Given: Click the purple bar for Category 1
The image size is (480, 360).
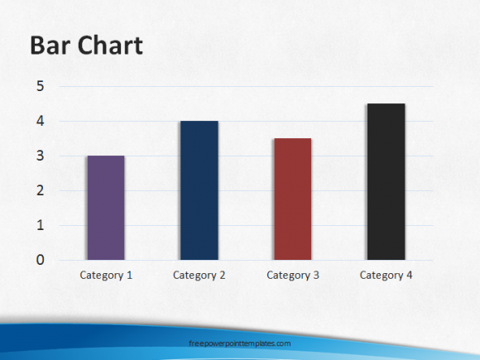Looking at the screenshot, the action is [106, 208].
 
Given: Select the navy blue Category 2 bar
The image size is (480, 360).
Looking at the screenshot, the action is [199, 190].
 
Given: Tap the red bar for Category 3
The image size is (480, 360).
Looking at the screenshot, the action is [293, 199].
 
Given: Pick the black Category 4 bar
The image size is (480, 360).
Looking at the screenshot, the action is [386, 182].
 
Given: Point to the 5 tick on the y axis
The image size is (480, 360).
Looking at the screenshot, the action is [40, 86].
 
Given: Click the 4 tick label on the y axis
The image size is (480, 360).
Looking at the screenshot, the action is [40, 121].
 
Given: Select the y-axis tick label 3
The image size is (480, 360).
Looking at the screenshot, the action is [40, 156].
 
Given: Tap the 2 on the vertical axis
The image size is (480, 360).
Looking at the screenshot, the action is [40, 190].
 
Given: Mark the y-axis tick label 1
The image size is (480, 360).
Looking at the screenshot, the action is [40, 225].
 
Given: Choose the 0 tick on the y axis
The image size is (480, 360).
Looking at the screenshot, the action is [40, 260].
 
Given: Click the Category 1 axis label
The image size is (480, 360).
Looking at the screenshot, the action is [106, 276].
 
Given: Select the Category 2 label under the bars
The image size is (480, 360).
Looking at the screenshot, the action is [199, 276].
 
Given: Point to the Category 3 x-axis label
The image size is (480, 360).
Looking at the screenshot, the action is [293, 276].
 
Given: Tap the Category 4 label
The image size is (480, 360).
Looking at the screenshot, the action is [386, 276].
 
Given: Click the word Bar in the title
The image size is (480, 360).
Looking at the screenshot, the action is [50, 46].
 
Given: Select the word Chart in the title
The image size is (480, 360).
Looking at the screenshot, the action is [111, 46].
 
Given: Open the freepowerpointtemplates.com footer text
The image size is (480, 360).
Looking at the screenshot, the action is [240, 343].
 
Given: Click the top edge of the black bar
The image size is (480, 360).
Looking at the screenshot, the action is [386, 103].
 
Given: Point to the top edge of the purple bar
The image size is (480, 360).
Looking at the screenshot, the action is [106, 156].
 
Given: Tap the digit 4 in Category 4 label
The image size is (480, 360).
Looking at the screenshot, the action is [409, 276].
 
